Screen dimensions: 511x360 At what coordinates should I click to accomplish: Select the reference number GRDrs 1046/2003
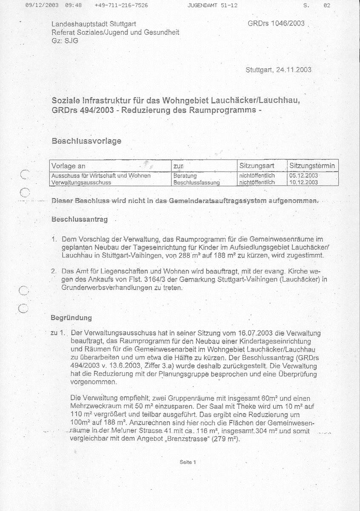pyautogui.click(x=276, y=23)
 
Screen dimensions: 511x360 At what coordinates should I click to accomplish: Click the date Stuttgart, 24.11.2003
pyautogui.click(x=278, y=70)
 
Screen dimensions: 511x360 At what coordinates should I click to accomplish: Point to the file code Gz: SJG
pyautogui.click(x=65, y=40)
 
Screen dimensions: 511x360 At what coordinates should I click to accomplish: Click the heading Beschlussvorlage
pyautogui.click(x=86, y=141)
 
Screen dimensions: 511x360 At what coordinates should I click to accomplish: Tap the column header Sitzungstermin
pyautogui.click(x=312, y=166)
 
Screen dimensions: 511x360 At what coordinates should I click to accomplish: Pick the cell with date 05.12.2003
pyautogui.click(x=303, y=175)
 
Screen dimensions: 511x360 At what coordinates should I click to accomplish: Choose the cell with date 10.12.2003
pyautogui.click(x=303, y=182)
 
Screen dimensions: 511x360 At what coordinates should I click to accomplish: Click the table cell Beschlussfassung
pyautogui.click(x=196, y=183)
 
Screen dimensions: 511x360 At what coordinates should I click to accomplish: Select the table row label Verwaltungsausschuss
pyautogui.click(x=81, y=182)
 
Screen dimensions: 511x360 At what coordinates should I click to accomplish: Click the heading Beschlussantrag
pyautogui.click(x=80, y=220)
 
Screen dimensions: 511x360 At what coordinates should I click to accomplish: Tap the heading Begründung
pyautogui.click(x=71, y=318)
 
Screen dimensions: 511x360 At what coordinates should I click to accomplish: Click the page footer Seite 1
pyautogui.click(x=187, y=462)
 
